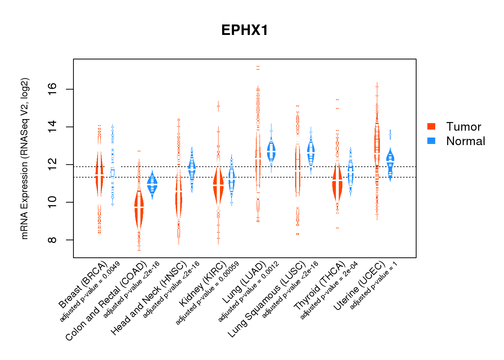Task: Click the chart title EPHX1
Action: pos(245,30)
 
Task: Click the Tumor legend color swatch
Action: pos(431,126)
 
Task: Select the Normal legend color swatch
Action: pos(431,141)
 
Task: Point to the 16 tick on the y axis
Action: pos(53,89)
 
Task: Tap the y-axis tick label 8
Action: pos(53,240)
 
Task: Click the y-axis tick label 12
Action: pos(53,165)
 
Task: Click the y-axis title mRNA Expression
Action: pos(24,158)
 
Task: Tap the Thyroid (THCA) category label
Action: pos(320,291)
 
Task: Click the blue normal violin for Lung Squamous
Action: pos(311,151)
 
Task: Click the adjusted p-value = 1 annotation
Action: pos(374,285)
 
